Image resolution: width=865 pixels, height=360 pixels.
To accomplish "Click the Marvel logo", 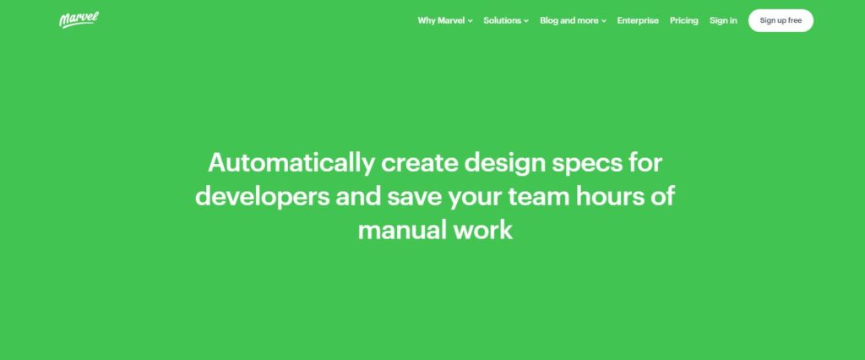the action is [x=79, y=20].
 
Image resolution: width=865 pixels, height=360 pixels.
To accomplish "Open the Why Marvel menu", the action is [x=441, y=20].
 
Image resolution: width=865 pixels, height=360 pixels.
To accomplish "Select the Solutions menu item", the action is [x=502, y=20].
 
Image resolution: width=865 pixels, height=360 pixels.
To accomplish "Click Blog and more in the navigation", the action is [x=569, y=20].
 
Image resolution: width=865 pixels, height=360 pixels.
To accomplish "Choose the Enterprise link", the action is [x=638, y=20].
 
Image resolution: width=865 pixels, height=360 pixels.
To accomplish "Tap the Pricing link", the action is [x=684, y=20].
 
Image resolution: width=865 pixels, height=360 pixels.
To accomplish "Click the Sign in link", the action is [x=723, y=20].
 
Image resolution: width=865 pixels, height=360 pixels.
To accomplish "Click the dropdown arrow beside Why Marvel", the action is [x=470, y=21].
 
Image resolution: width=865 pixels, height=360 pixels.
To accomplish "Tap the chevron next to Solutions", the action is [x=526, y=21].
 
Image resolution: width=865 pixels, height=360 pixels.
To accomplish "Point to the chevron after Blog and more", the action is [x=603, y=21].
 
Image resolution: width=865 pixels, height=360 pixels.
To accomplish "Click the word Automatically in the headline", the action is [x=291, y=163].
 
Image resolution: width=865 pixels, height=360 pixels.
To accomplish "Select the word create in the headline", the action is [x=419, y=163].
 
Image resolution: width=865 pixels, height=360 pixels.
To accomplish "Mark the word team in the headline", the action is [x=538, y=197].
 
